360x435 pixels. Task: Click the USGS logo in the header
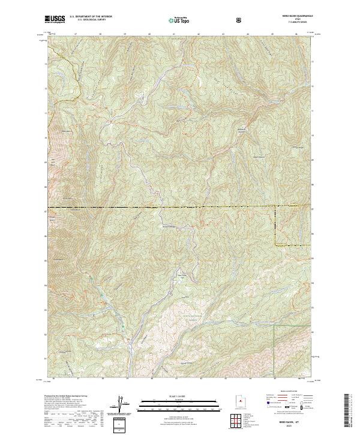(55, 20)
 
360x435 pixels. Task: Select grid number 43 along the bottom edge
(225, 379)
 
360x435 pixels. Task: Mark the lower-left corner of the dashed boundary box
(275, 246)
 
